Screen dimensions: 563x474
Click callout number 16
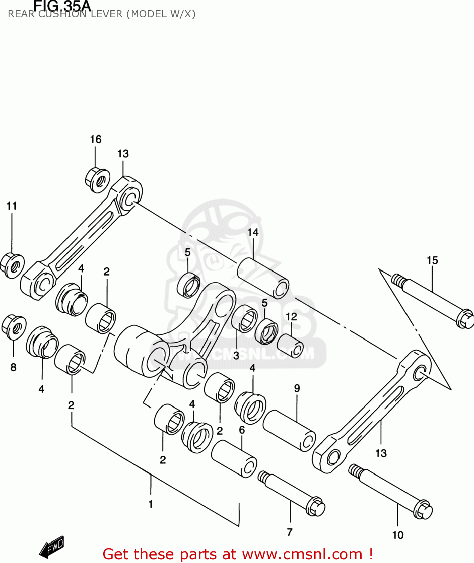click(96, 139)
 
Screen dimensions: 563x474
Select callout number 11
click(12, 206)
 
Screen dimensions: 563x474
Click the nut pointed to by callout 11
click(12, 265)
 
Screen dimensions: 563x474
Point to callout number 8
click(14, 367)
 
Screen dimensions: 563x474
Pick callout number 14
click(253, 232)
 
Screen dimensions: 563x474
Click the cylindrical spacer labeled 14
click(263, 278)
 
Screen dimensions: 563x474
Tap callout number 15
click(432, 260)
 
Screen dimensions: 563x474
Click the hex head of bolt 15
click(465, 319)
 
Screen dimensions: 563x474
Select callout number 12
click(291, 316)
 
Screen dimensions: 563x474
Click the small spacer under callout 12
click(290, 345)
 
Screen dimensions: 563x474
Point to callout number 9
click(297, 388)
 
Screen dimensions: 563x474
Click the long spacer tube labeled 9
click(289, 431)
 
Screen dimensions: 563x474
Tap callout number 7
click(290, 532)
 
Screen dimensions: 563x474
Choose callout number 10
click(398, 535)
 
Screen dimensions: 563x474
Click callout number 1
click(150, 504)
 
